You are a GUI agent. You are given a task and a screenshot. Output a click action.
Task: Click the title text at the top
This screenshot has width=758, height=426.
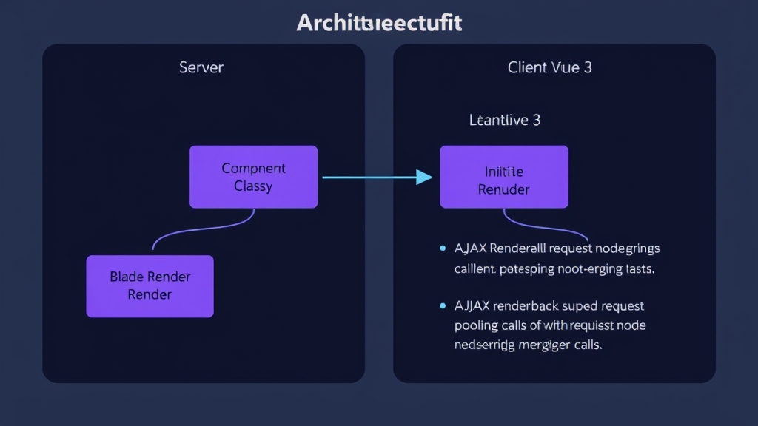pos(379,23)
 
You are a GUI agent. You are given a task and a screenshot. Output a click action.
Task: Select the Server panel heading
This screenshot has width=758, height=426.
pos(201,67)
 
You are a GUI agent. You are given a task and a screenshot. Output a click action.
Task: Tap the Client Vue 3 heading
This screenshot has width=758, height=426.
pos(549,67)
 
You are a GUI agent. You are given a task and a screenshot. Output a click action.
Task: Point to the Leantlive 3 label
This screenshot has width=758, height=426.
pos(505,120)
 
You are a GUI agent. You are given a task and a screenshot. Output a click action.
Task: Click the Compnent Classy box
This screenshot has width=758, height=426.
pos(253,177)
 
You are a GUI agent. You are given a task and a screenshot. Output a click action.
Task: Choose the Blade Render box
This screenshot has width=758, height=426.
pos(150,286)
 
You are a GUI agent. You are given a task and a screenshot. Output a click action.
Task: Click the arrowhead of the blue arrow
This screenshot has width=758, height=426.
pos(424,177)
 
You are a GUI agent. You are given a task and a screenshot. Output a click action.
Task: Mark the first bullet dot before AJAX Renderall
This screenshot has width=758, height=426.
pos(443,248)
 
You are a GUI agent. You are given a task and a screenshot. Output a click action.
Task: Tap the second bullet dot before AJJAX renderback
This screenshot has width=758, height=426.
pos(443,305)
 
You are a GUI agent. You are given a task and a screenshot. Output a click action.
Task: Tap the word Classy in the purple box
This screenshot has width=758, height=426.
pos(253,186)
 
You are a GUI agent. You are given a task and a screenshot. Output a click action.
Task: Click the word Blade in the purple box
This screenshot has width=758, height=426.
pos(127,277)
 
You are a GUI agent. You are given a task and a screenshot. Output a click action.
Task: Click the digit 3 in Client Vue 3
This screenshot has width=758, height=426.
pos(588,67)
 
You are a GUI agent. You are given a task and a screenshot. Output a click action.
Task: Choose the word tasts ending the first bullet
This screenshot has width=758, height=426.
pos(639,269)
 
